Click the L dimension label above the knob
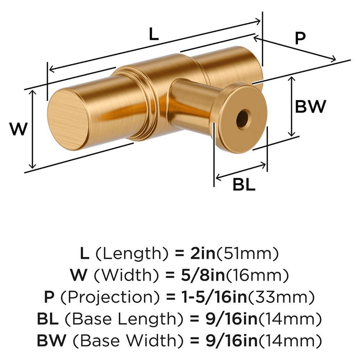153,35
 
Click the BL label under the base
244,185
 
